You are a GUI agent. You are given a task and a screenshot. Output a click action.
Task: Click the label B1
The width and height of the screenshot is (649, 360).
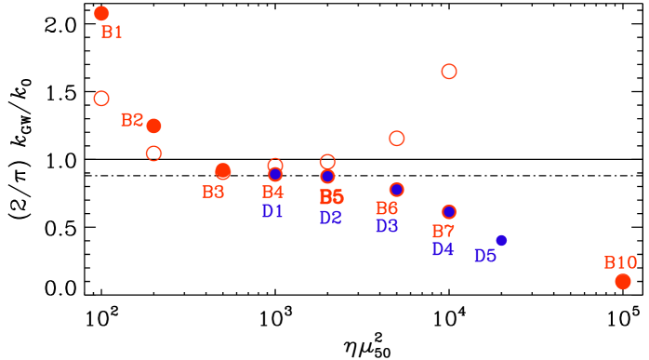(x=112, y=33)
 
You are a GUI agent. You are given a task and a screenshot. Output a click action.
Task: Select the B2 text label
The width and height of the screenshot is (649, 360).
(x=132, y=120)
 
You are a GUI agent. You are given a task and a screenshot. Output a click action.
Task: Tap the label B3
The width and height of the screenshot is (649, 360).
(x=213, y=193)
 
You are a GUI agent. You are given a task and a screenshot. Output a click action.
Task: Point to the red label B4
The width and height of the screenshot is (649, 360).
(x=272, y=193)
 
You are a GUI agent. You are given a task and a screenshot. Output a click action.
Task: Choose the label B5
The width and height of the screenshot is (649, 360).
(x=331, y=197)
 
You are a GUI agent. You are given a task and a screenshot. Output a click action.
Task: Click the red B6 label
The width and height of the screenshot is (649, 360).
(x=387, y=208)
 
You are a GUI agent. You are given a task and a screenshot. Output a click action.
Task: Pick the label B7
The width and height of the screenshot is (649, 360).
(x=443, y=232)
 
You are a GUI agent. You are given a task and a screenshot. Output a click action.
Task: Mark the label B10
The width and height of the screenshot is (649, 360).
(x=620, y=262)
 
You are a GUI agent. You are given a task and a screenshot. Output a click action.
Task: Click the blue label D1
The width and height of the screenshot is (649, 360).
(x=272, y=211)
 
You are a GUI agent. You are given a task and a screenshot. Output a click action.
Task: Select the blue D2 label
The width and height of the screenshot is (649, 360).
(x=330, y=218)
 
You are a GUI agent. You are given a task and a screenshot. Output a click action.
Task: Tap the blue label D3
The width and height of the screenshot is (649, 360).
(x=387, y=226)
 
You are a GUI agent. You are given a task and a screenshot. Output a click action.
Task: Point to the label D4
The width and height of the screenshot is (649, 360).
(x=443, y=249)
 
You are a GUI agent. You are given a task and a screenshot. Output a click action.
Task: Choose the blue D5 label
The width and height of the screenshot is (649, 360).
(x=484, y=256)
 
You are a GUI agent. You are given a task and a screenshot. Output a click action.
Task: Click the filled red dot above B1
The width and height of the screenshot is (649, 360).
(x=101, y=13)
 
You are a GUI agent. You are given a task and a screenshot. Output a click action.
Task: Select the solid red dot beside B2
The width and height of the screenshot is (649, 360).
(x=154, y=126)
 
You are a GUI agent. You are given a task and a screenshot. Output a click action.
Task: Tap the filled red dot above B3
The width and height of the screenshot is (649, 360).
(x=223, y=171)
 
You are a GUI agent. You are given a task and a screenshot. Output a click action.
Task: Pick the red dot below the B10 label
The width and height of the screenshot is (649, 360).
(x=623, y=281)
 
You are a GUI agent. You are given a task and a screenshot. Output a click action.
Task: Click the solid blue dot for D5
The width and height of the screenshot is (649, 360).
(x=501, y=240)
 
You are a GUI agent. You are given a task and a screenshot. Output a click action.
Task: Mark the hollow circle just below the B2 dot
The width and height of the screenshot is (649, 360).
(x=154, y=153)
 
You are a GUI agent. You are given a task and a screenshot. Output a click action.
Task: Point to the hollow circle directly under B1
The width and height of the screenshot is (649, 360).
(x=101, y=99)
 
